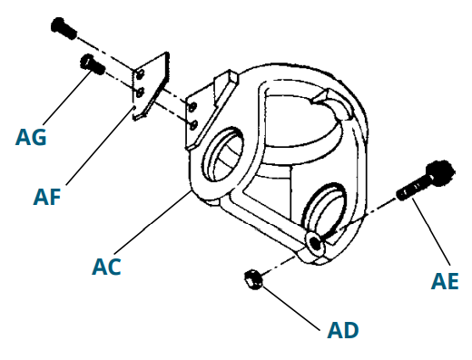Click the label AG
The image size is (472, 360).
coord(31,138)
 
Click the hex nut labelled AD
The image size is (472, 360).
coord(253,280)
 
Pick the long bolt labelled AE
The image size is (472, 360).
coord(419,184)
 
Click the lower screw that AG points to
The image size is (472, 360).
coord(89,63)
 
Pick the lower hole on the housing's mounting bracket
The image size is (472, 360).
coord(192,124)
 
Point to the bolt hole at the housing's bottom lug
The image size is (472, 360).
coord(314,242)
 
